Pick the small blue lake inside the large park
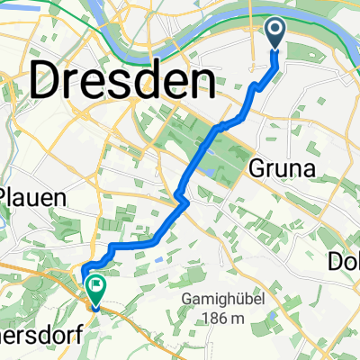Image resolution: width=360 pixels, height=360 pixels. pos(210,168)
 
